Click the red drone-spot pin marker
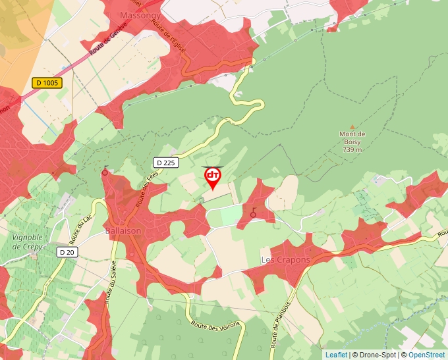click(212, 177)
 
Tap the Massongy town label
click(137, 14)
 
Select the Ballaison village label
click(123, 231)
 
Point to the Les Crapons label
click(285, 260)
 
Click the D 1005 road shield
click(47, 83)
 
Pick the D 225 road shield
click(166, 163)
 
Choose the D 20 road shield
click(66, 252)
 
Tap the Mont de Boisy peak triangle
click(352, 126)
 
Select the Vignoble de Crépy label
click(28, 241)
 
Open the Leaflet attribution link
click(336, 355)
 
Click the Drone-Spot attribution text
click(378, 355)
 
